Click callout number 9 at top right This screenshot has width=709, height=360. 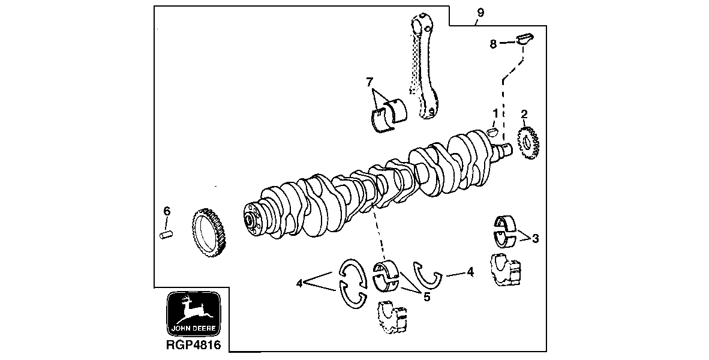(480, 13)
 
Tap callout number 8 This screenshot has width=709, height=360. (493, 44)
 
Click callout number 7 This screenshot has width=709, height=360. (369, 82)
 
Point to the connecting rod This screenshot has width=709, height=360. (424, 66)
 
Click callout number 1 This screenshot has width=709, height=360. (495, 113)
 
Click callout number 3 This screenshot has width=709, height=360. (535, 238)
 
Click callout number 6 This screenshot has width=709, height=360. (167, 211)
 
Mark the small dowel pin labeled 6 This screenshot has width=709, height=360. (166, 233)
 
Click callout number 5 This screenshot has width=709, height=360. (426, 296)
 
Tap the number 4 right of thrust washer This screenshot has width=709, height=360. (470, 272)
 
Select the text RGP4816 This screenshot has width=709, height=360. (193, 346)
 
